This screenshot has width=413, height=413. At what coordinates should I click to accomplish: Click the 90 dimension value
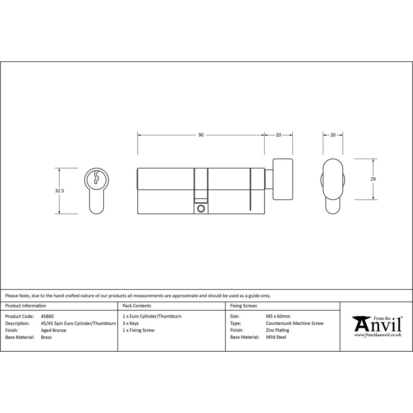201,135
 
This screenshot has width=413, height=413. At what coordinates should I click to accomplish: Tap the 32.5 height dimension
60,191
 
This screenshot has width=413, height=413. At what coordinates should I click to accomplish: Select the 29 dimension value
373,179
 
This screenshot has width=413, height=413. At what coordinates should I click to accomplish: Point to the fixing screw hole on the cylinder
201,209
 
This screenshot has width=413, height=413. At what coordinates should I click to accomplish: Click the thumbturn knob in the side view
283,179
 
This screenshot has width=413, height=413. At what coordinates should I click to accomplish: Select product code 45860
47,316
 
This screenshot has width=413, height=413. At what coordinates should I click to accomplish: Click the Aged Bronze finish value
54,330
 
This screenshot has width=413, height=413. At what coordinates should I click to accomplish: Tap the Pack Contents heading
137,306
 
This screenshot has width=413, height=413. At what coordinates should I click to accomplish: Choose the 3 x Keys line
130,323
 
